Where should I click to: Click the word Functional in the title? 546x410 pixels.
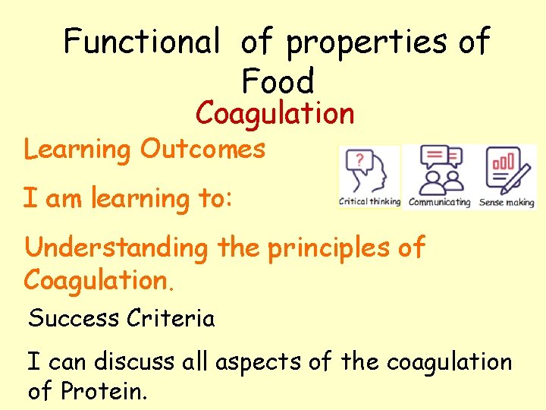[140, 42]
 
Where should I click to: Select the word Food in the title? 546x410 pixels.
[278, 80]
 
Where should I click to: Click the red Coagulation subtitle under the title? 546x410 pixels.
[275, 114]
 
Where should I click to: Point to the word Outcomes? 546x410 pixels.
[202, 149]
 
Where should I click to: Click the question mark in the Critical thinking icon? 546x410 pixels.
[359, 160]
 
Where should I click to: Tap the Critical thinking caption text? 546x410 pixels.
[369, 202]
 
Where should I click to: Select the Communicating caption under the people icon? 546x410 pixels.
[439, 203]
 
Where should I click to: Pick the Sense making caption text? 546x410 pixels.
[507, 203]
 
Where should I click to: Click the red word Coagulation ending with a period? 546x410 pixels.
[99, 279]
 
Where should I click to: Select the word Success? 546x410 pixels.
[74, 318]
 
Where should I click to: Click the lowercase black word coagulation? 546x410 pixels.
[449, 363]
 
